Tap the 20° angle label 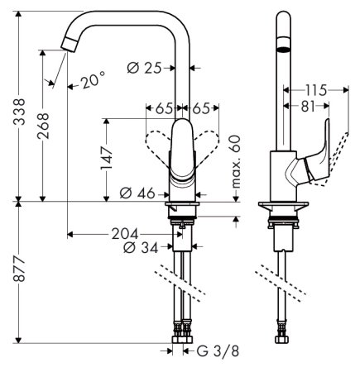[94, 80]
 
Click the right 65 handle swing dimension [204, 107]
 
